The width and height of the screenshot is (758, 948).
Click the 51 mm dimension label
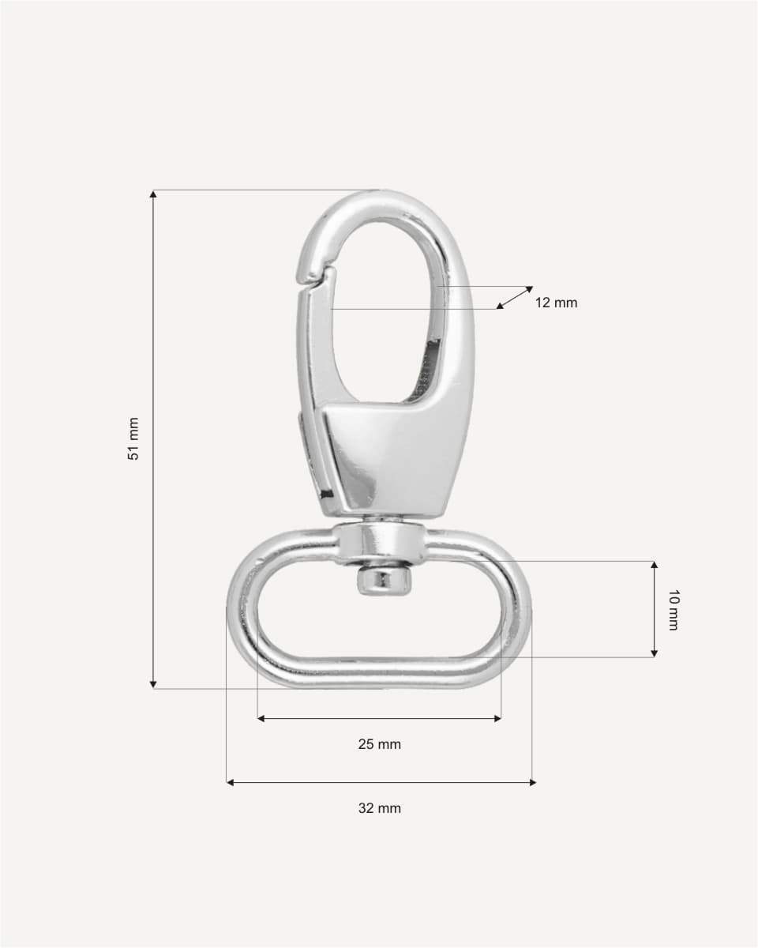pyautogui.click(x=134, y=438)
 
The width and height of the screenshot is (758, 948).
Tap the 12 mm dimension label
pyautogui.click(x=556, y=303)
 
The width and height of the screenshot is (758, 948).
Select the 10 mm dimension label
pyautogui.click(x=672, y=609)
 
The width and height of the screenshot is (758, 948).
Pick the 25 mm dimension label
pyautogui.click(x=379, y=744)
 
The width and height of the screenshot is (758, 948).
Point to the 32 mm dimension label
pyautogui.click(x=379, y=808)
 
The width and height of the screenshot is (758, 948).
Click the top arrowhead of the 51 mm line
pyautogui.click(x=153, y=194)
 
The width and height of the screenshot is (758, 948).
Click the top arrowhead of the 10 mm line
pyautogui.click(x=654, y=566)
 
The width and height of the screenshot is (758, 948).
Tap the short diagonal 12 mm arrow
pyautogui.click(x=515, y=297)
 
